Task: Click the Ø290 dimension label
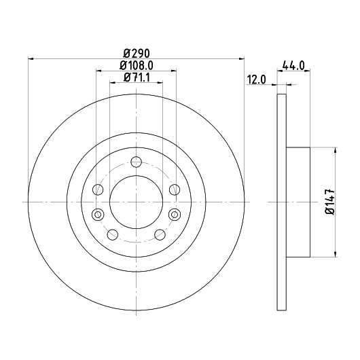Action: pos(137,54)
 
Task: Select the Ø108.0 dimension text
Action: pos(137,66)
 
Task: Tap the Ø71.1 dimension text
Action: pos(137,77)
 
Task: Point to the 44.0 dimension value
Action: pos(293,66)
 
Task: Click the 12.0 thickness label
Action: pos(256,80)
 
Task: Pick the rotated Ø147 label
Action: pos(330,202)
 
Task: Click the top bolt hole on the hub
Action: pos(136,162)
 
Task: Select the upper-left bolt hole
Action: pos(98,190)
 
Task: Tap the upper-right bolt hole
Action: pos(175,190)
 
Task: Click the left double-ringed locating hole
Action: pos(98,215)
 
